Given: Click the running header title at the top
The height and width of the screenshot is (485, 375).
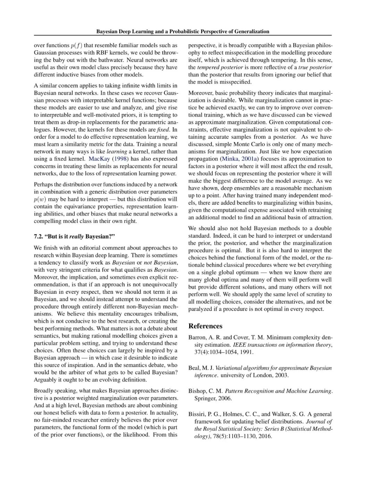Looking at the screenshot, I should [183, 31].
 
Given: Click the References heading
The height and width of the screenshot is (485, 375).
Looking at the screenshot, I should [205, 326].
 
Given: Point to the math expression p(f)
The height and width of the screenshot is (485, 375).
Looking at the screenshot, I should [77, 45].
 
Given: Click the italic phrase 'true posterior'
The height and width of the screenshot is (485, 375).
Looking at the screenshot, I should [315, 67].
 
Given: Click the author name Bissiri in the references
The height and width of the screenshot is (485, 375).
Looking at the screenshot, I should [197, 414].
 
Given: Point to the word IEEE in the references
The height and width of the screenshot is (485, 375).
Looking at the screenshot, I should [239, 345].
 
